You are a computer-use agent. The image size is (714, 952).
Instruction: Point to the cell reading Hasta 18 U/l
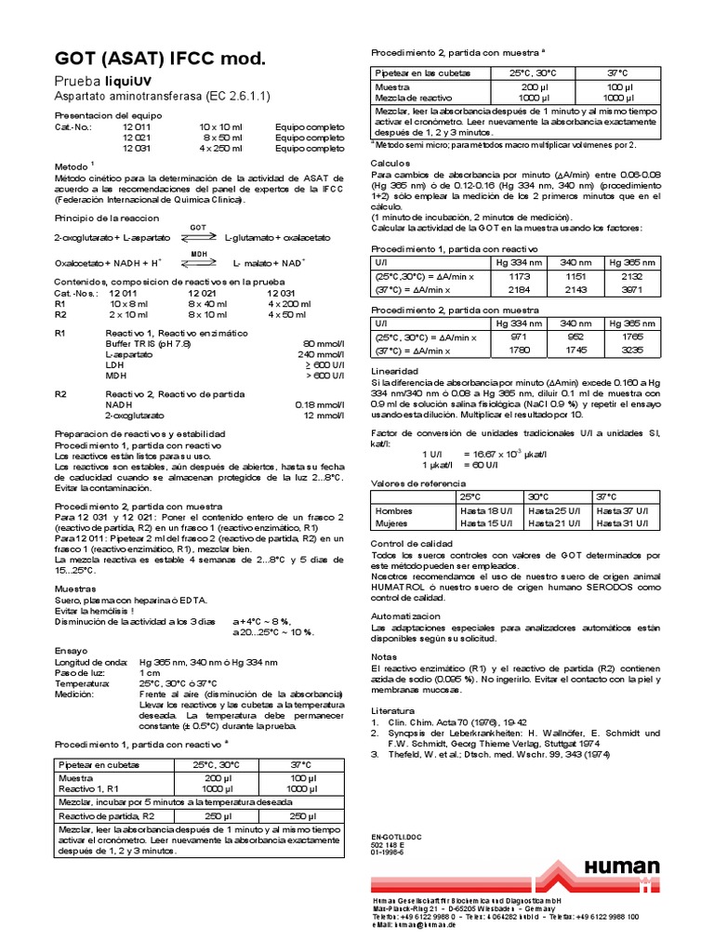coord(487,510)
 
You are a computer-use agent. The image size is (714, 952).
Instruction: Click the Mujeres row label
coord(391,523)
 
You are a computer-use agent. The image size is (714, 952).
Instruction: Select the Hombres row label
coord(393,510)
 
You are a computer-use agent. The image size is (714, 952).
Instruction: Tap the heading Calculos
coord(390,162)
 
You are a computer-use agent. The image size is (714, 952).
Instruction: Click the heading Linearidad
coord(394,369)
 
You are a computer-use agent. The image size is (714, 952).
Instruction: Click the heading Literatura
coord(394,683)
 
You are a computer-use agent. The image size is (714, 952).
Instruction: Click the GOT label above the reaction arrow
coord(198,228)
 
